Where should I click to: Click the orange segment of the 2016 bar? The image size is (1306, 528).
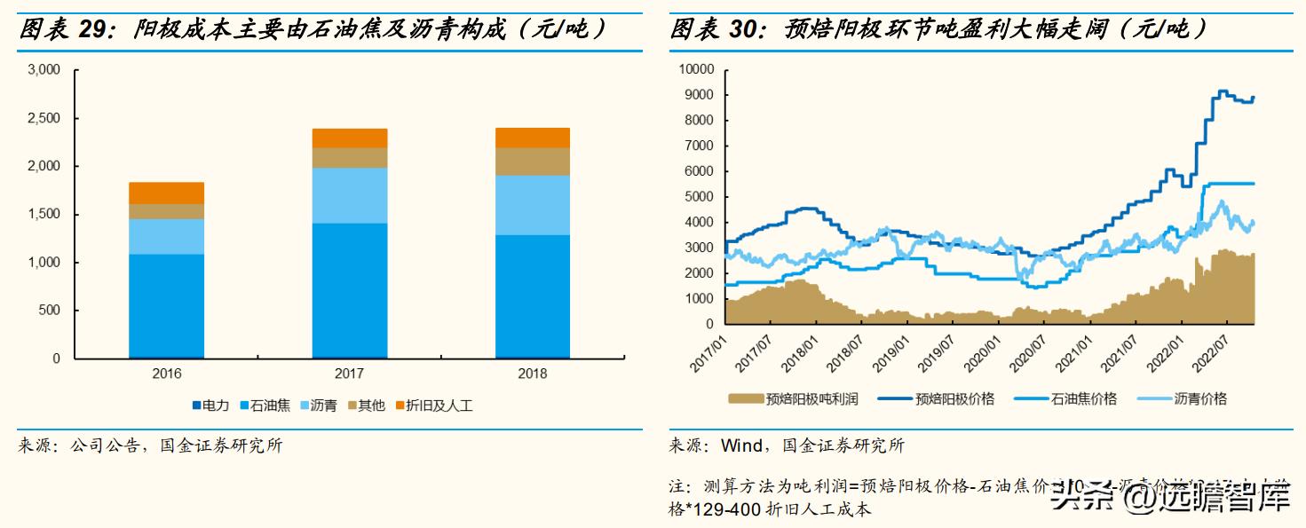click(166, 193)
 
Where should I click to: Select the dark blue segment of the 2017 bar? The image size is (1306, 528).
click(349, 290)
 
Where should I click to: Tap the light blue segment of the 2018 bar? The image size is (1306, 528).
click(532, 205)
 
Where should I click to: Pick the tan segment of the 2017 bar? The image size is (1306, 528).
click(349, 157)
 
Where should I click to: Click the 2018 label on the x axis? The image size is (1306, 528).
click(532, 374)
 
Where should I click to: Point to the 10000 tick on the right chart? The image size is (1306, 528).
click(697, 69)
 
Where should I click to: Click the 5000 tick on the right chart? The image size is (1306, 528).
click(700, 197)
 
